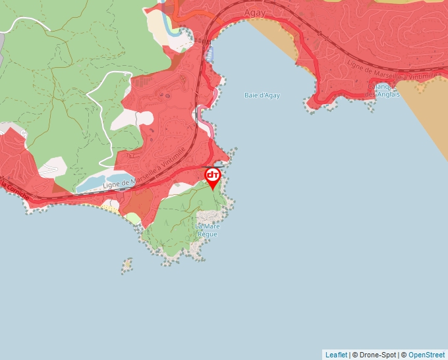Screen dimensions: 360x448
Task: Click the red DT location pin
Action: click(x=213, y=176)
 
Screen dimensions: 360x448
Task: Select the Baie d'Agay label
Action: click(x=262, y=95)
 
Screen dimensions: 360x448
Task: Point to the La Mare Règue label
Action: click(x=206, y=230)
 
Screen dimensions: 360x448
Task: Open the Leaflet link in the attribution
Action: click(x=336, y=355)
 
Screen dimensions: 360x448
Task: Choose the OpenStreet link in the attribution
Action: click(x=426, y=355)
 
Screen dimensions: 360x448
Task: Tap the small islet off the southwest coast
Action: click(x=125, y=265)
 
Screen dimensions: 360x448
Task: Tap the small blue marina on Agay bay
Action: click(x=210, y=53)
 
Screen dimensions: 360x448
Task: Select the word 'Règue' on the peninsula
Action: click(x=206, y=234)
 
